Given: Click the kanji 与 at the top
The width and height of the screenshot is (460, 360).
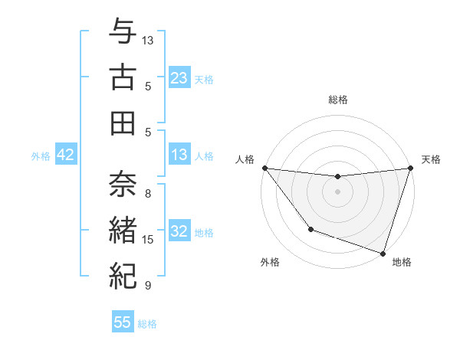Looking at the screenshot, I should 123,33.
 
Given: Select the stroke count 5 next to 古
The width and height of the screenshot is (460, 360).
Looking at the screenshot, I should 148,86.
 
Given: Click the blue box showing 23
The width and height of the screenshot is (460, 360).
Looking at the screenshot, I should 179,78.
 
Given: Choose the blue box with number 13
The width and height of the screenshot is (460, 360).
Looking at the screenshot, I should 179,155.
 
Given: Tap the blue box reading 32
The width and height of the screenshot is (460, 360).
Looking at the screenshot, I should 179,232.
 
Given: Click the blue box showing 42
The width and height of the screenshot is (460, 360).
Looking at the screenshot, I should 66,155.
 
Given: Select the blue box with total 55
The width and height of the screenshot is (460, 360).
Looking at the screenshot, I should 123,322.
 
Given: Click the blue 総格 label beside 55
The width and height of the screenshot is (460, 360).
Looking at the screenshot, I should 147,324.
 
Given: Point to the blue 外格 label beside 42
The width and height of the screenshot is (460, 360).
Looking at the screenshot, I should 41,156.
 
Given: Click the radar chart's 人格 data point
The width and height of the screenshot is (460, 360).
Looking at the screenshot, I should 264,168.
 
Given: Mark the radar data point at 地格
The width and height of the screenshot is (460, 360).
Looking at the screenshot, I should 383,253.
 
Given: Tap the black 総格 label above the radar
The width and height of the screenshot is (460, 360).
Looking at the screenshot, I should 337,100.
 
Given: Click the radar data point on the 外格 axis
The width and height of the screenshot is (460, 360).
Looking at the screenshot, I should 310,229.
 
